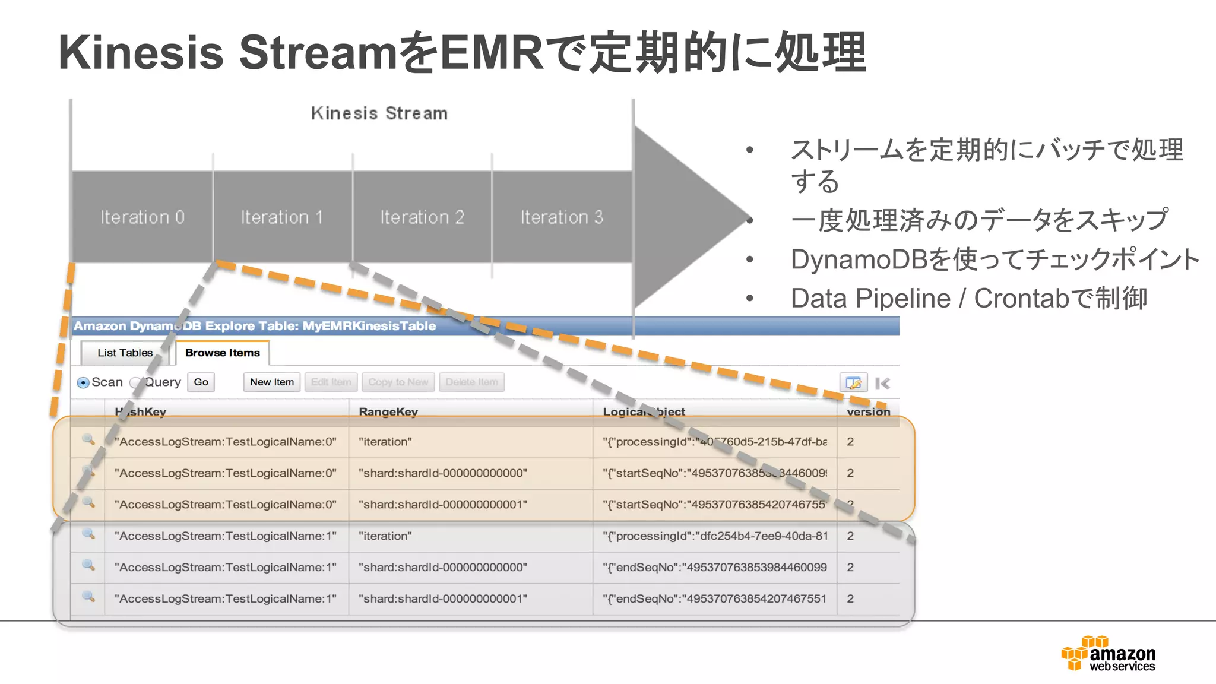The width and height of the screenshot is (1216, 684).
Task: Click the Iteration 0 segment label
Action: (x=142, y=217)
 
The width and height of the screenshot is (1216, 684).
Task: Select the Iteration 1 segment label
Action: (x=282, y=217)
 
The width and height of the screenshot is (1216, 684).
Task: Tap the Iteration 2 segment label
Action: (x=422, y=217)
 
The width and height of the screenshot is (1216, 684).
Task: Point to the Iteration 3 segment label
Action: (x=562, y=217)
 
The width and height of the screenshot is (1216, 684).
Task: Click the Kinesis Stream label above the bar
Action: (x=379, y=113)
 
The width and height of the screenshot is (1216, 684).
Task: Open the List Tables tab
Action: (x=125, y=353)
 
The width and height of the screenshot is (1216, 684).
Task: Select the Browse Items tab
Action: (x=223, y=353)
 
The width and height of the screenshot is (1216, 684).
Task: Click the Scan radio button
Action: (x=84, y=383)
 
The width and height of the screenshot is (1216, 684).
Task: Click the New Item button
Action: (x=272, y=382)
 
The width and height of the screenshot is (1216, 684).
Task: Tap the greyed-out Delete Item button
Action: (x=471, y=382)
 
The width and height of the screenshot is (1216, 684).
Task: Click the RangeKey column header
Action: (x=388, y=411)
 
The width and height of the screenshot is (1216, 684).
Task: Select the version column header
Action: (x=868, y=411)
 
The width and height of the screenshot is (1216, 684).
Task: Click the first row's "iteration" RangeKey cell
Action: (x=385, y=442)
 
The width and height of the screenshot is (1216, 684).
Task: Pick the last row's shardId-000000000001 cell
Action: (x=442, y=598)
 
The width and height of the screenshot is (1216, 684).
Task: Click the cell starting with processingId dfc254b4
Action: (x=715, y=536)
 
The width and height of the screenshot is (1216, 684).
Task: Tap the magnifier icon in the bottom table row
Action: (x=88, y=596)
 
